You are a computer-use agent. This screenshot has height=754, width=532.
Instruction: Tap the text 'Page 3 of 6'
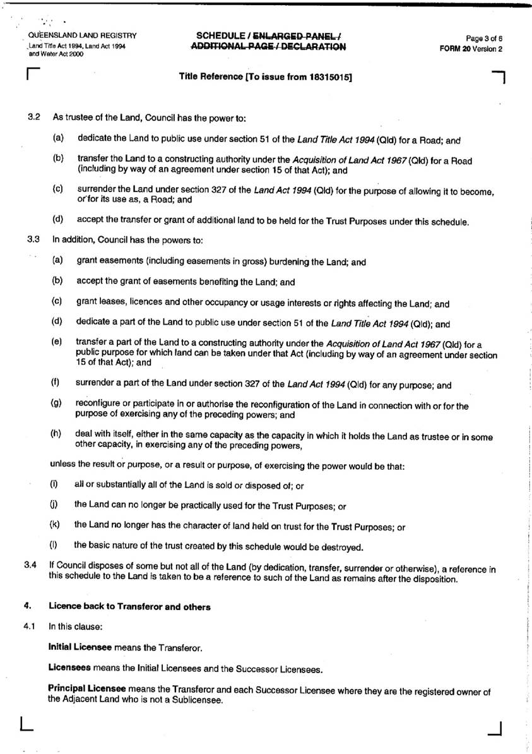coord(484,38)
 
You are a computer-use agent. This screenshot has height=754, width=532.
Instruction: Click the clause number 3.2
coord(34,117)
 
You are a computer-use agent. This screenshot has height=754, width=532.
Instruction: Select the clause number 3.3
coord(34,240)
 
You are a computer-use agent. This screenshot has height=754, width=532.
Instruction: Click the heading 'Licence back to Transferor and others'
coord(129,607)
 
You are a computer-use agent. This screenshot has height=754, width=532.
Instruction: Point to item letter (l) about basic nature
coord(54,546)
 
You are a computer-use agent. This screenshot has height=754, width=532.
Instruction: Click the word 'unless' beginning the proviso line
coord(61,466)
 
